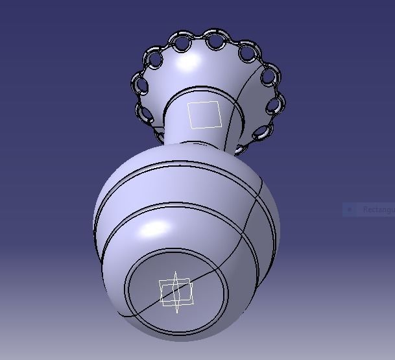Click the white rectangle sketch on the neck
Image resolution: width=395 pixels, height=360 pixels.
pos(204,115)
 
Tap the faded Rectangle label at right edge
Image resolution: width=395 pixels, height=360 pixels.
pos(377,210)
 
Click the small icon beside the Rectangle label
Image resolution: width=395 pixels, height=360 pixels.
pos(350,210)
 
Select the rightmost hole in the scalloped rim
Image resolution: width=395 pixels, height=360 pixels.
pos(276,104)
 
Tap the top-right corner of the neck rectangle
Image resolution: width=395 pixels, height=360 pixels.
pos(221,104)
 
